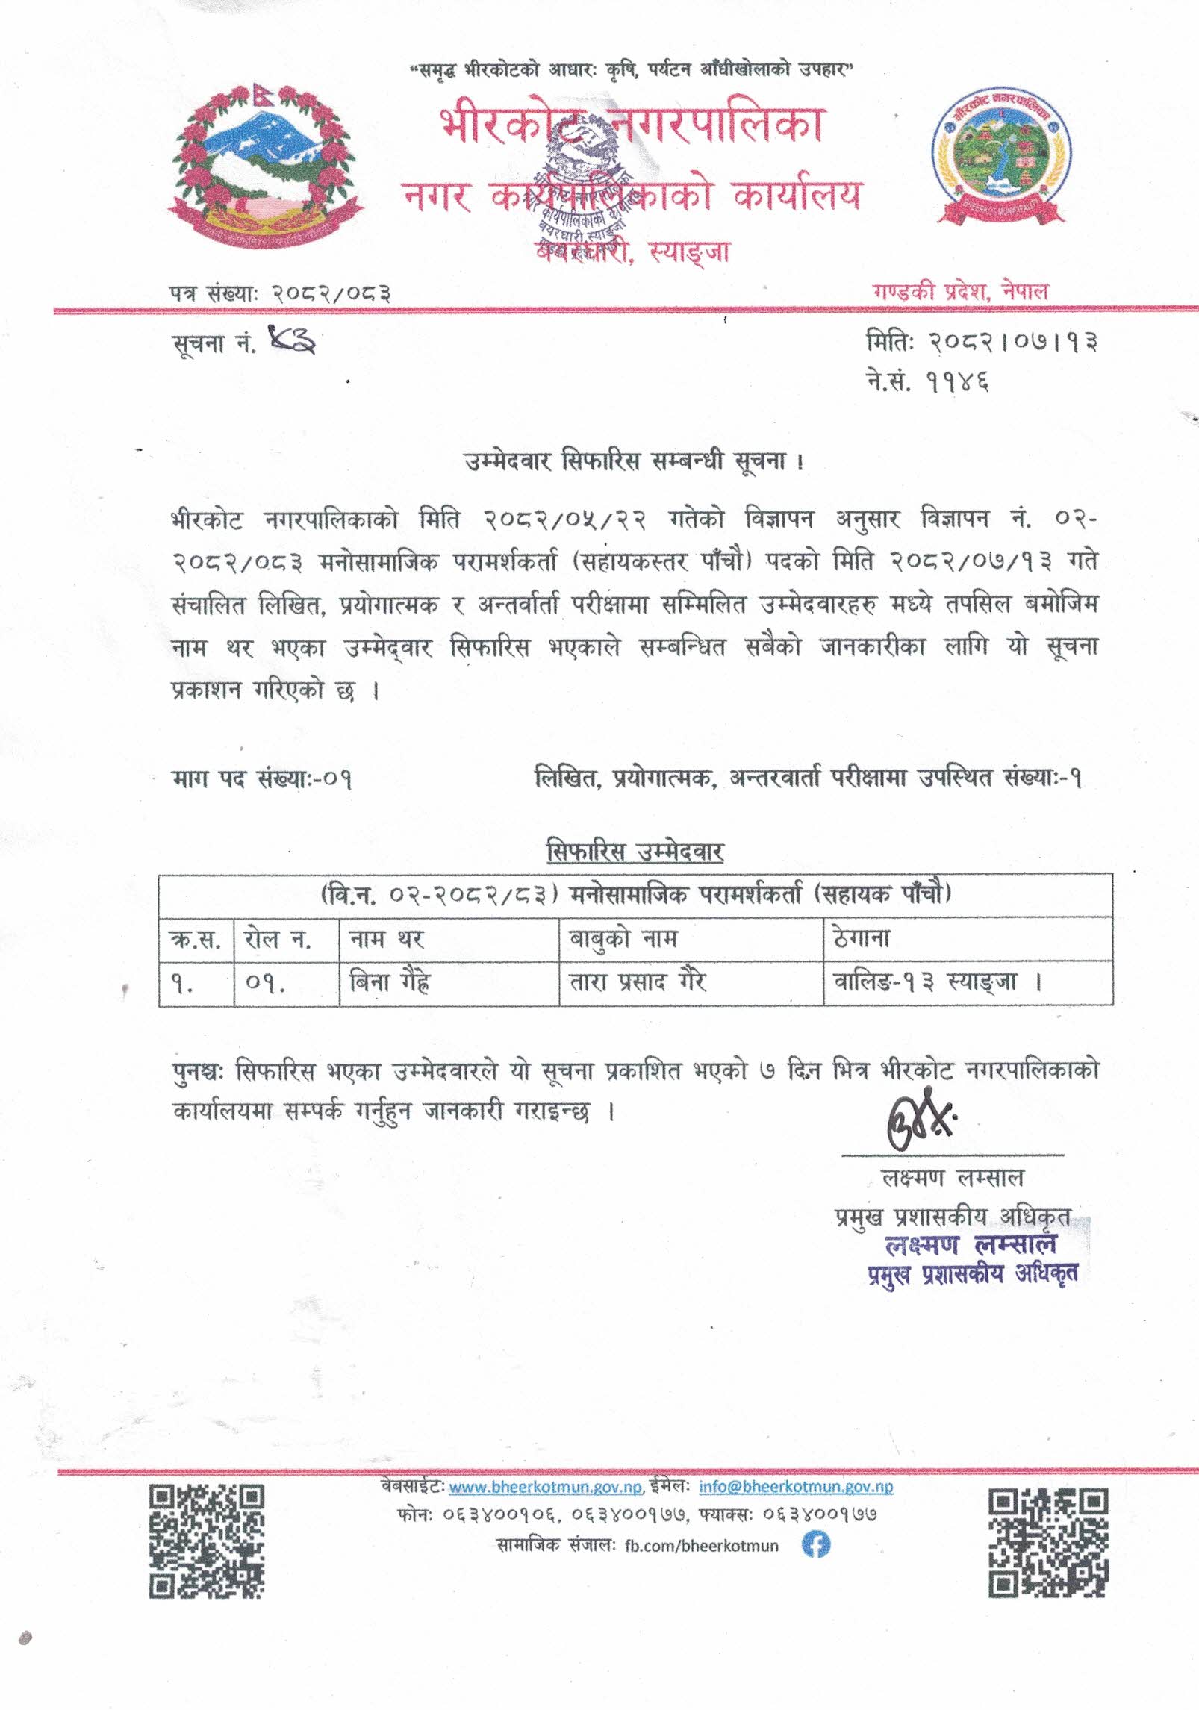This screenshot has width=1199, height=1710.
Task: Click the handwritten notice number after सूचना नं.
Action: tap(290, 343)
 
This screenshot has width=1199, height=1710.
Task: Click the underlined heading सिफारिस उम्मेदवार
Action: tap(635, 852)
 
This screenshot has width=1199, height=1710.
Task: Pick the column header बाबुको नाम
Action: tap(623, 938)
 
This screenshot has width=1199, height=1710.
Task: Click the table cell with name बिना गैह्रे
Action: tap(390, 982)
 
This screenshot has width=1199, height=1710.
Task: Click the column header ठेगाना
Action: tap(862, 938)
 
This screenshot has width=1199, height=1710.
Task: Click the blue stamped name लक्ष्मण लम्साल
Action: tap(970, 1245)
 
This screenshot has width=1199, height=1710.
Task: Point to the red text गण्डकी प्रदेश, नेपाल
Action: tap(960, 291)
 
